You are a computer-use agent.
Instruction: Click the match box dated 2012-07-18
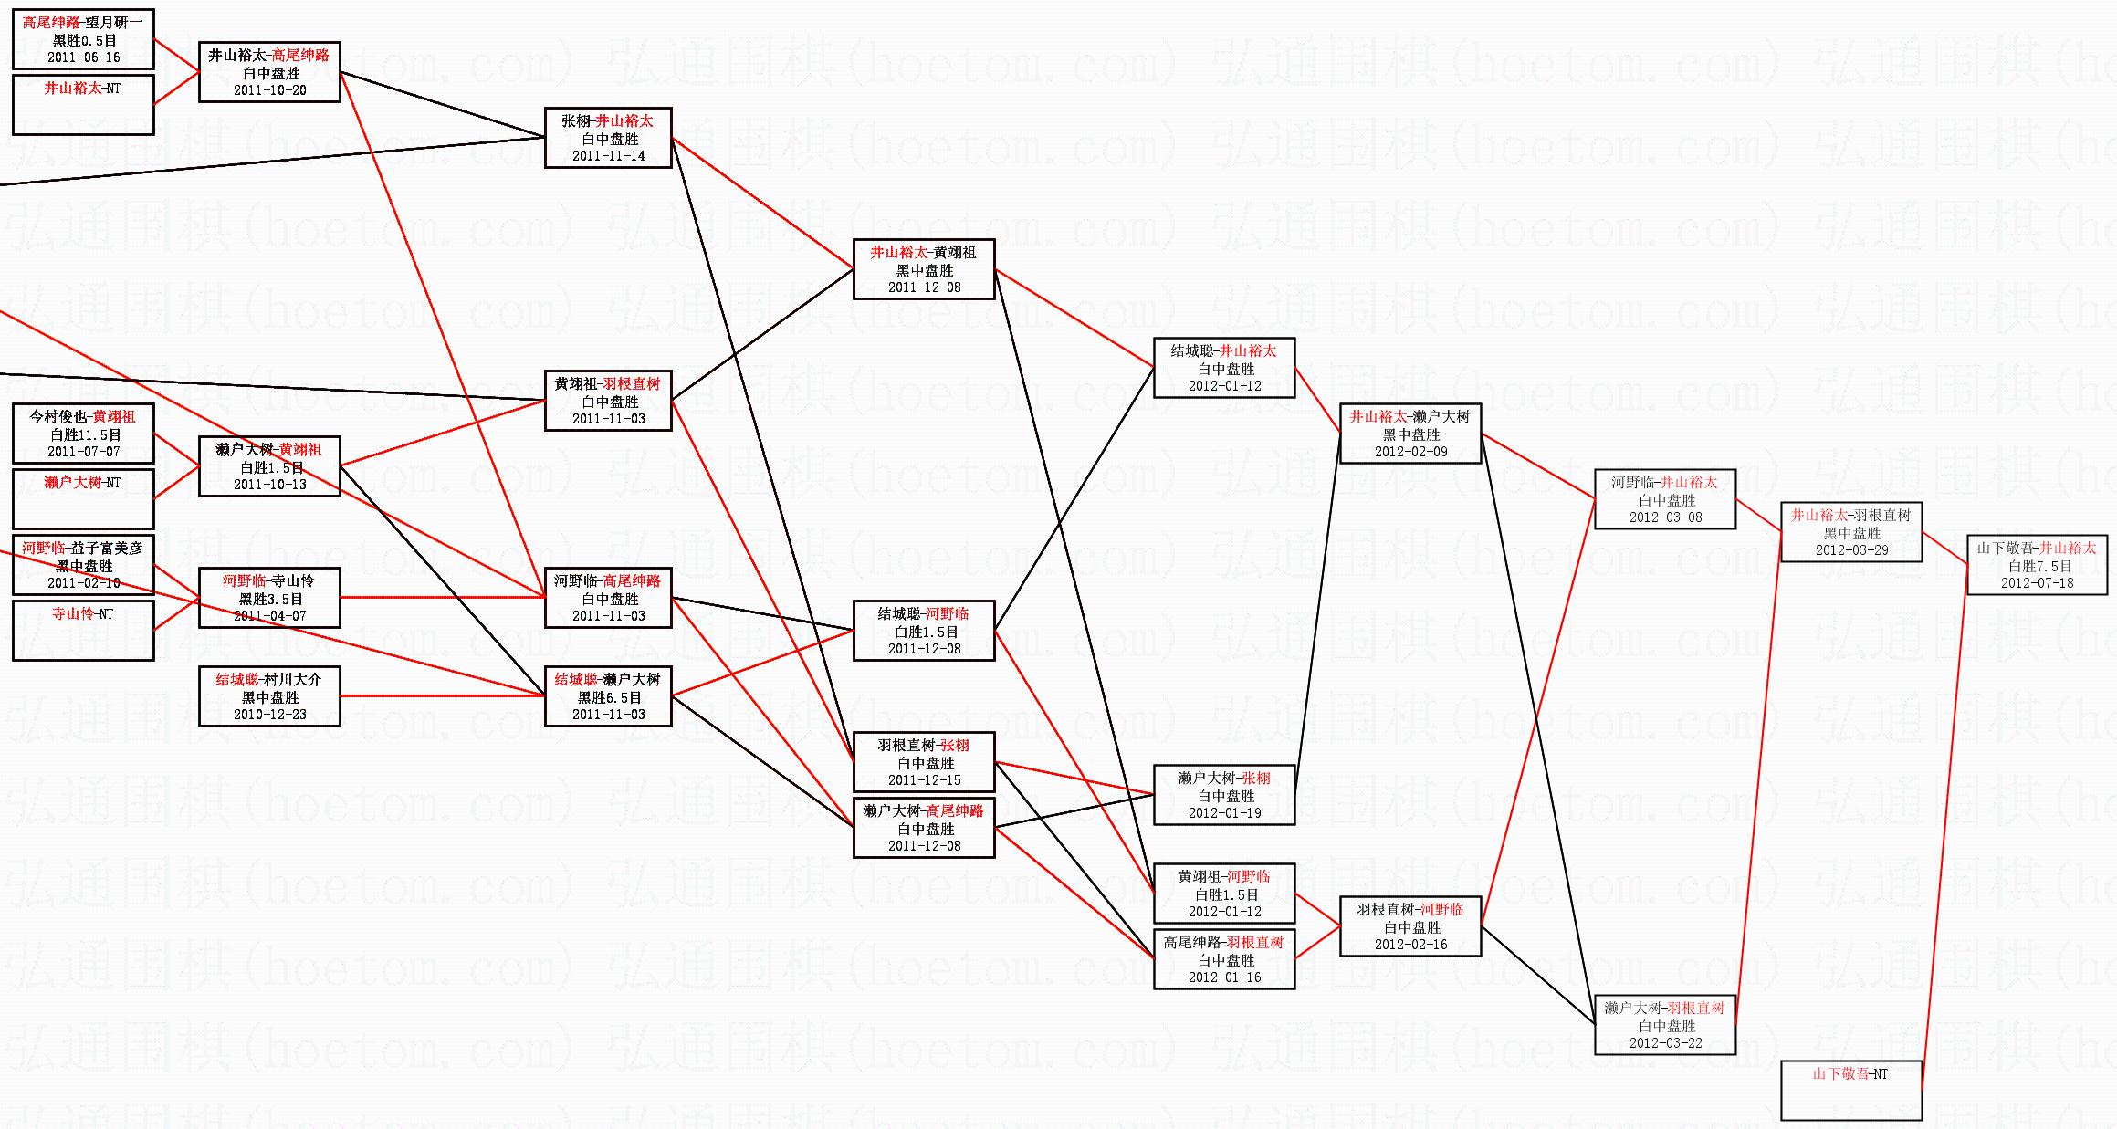click(x=2037, y=566)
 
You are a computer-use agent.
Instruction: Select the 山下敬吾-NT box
click(x=1851, y=1090)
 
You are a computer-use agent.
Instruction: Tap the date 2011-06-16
click(x=84, y=57)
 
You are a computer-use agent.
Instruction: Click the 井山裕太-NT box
click(x=83, y=104)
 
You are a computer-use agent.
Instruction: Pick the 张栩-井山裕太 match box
click(x=608, y=138)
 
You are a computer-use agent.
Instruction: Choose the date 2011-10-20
click(x=270, y=90)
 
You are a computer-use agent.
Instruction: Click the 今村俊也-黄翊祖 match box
click(x=83, y=434)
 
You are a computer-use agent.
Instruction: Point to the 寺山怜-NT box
click(x=83, y=629)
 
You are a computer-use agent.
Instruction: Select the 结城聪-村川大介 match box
click(x=269, y=696)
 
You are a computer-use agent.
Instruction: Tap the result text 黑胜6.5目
click(x=609, y=697)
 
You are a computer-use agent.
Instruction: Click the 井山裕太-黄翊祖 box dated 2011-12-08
click(x=924, y=269)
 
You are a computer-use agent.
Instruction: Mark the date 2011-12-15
click(x=925, y=780)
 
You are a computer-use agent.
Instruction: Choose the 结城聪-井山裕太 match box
click(x=1224, y=368)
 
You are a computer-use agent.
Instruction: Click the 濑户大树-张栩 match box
click(x=1224, y=795)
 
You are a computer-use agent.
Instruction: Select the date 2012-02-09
click(x=1411, y=452)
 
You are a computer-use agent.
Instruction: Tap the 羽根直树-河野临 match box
click(x=1410, y=926)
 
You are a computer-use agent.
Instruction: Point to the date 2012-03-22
click(x=1666, y=1043)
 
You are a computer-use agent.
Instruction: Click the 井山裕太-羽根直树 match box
click(x=1851, y=532)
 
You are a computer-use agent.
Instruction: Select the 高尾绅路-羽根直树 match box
click(x=1224, y=959)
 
